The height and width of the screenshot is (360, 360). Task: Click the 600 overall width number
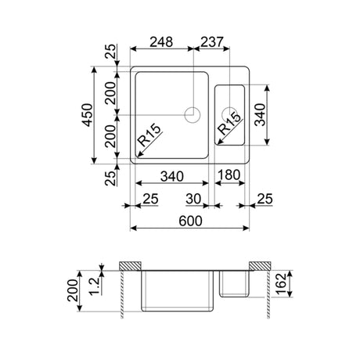pos(191,221)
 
